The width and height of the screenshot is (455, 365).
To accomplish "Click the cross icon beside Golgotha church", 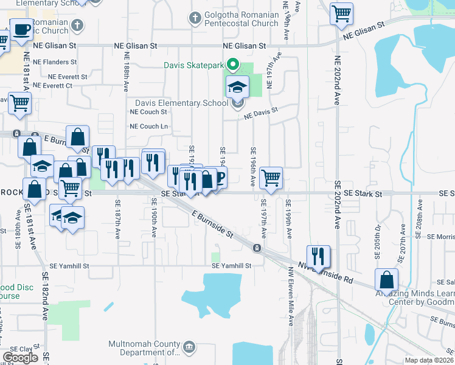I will pos(195,18).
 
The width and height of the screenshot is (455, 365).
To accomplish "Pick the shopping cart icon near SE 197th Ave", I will pos(271,178).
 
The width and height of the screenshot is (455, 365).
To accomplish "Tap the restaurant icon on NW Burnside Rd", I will pos(318,255).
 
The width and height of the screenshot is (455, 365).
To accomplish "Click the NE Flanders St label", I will pos(55,62).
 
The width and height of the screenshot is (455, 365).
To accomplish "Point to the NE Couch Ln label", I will pos(148,127).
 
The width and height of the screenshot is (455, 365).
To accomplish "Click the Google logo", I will pos(21,358).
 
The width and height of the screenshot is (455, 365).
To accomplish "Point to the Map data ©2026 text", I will pos(429,360).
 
